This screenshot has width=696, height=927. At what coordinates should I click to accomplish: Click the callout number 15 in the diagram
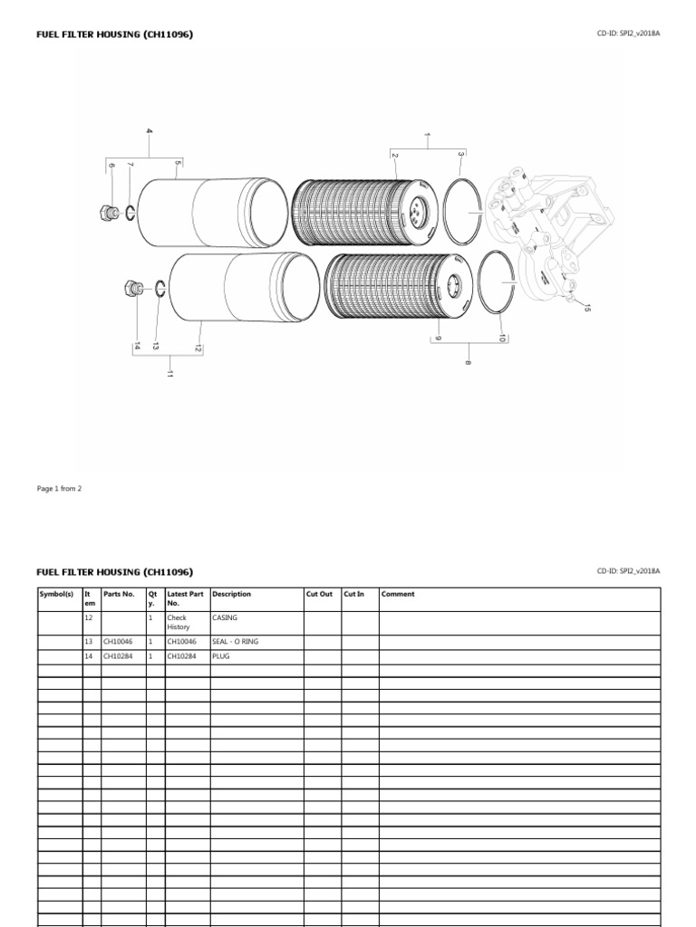coord(586,309)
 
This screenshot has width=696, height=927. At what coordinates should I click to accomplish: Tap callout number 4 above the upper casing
coord(150,132)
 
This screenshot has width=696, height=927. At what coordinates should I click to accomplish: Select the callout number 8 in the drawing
coord(469,362)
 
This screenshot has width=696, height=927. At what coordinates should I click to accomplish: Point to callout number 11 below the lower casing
coord(169,374)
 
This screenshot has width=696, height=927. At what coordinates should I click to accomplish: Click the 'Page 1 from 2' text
coord(59,488)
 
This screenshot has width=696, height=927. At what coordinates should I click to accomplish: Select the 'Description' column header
coord(231,595)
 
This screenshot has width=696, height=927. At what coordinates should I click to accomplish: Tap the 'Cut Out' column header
coord(319,595)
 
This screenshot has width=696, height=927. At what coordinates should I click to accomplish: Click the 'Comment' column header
coord(398,595)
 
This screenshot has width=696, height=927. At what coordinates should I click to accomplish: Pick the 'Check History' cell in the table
coord(178,623)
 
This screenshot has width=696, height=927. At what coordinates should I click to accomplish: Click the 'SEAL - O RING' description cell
coord(235,641)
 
